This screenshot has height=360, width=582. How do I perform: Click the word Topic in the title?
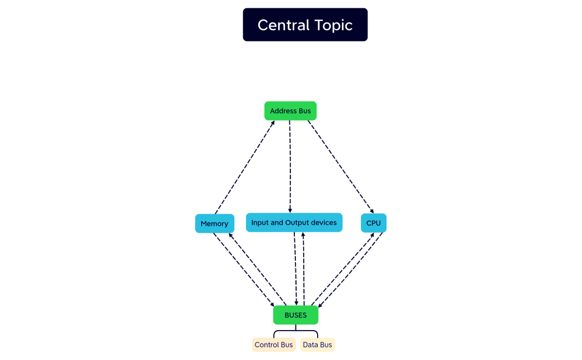(x=334, y=25)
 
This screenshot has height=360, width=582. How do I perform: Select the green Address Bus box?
(x=290, y=111)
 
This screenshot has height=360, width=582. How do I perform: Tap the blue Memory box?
(x=215, y=223)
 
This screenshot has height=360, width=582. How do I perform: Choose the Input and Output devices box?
(x=294, y=223)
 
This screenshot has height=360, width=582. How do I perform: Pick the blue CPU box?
(x=374, y=223)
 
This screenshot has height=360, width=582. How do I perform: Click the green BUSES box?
(x=295, y=315)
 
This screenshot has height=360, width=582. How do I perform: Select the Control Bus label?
(x=273, y=345)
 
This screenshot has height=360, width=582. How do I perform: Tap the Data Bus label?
(x=318, y=345)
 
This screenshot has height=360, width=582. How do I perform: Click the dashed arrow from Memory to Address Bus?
(x=244, y=167)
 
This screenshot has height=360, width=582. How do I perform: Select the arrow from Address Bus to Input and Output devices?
(x=290, y=166)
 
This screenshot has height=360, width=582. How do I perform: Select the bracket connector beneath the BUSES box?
(x=295, y=332)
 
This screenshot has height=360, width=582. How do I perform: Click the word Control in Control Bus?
(x=267, y=345)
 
